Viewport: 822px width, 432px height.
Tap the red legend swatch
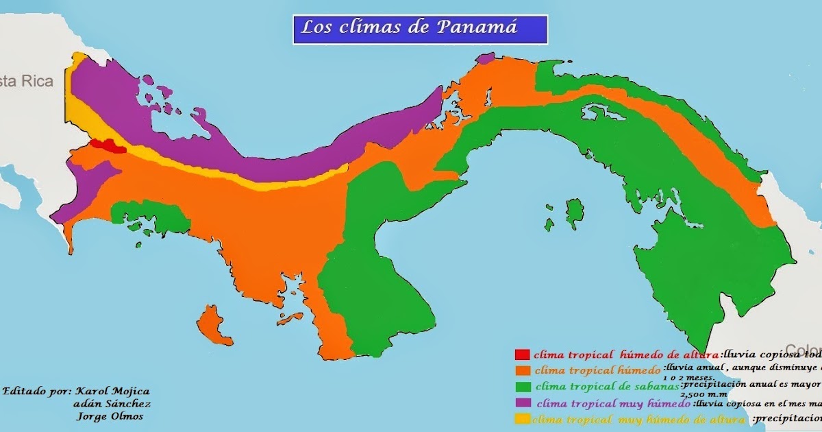[522, 355]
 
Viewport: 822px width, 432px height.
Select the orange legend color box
[522, 370]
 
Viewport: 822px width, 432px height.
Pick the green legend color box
[522, 387]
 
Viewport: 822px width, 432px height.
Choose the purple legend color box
[522, 403]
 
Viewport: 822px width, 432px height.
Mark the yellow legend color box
[522, 419]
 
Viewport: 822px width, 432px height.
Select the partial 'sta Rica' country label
[26, 81]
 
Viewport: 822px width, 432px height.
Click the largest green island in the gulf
[574, 212]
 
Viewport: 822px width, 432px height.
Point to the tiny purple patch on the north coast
[485, 58]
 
